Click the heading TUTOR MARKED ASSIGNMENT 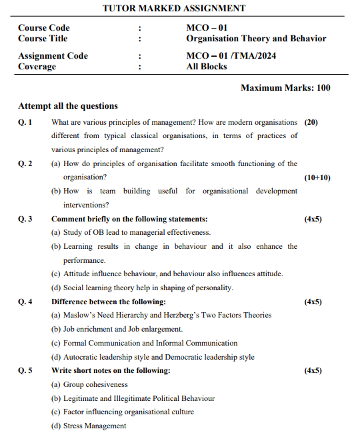[x=174, y=9]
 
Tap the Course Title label [x=42, y=39]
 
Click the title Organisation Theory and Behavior [x=256, y=39]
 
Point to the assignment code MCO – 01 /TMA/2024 [x=231, y=56]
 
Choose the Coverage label [x=38, y=67]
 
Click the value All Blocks [x=207, y=67]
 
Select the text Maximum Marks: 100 [x=285, y=88]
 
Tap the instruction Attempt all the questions [x=68, y=106]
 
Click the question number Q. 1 [x=25, y=123]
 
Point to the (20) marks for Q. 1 [x=311, y=123]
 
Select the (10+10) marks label [x=317, y=177]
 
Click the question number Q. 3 [x=25, y=219]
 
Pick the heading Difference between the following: [x=109, y=302]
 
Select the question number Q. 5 [x=25, y=370]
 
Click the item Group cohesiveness [x=95, y=384]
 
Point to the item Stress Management [x=94, y=426]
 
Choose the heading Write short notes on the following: [x=111, y=370]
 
